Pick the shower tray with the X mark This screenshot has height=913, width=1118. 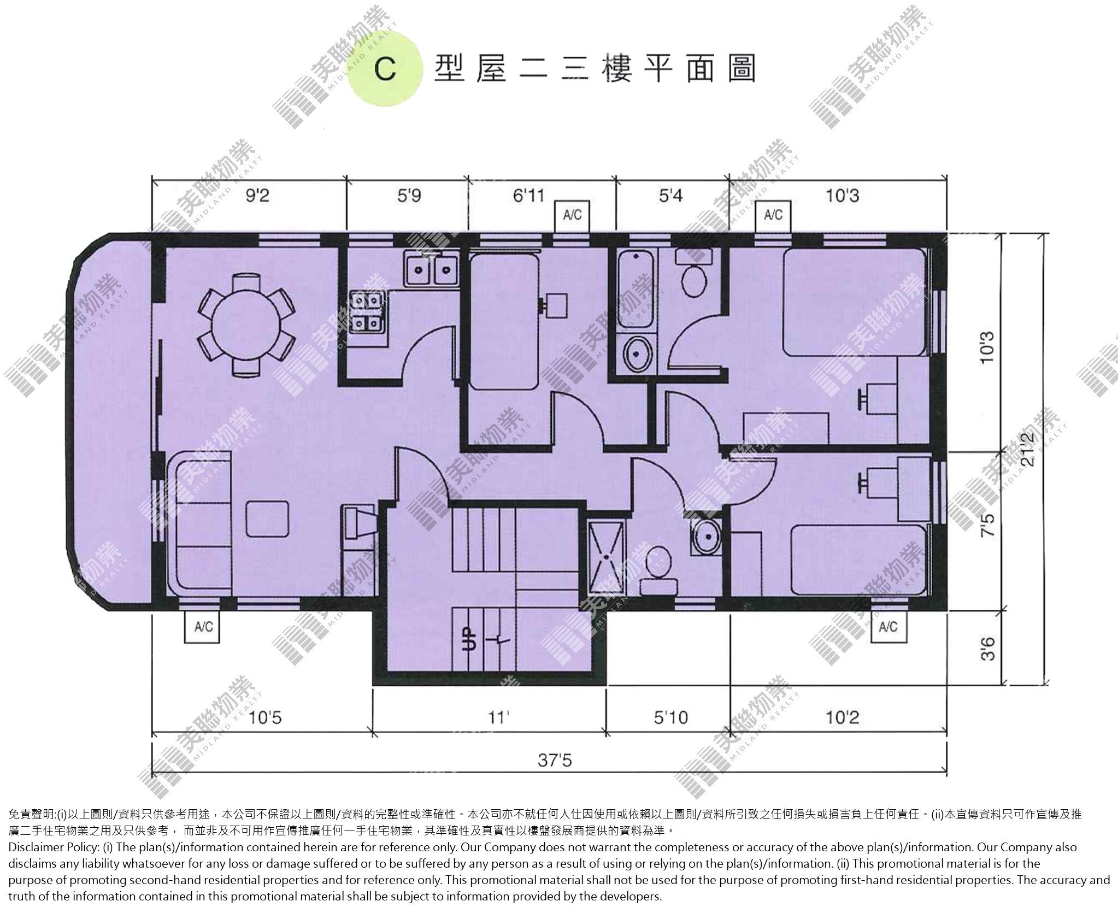click(x=606, y=556)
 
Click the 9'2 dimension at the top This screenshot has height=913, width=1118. click(x=256, y=195)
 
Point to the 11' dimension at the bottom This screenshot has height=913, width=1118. click(x=496, y=717)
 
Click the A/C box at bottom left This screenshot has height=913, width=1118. click(x=203, y=626)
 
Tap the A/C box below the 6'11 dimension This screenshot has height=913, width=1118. click(x=573, y=215)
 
